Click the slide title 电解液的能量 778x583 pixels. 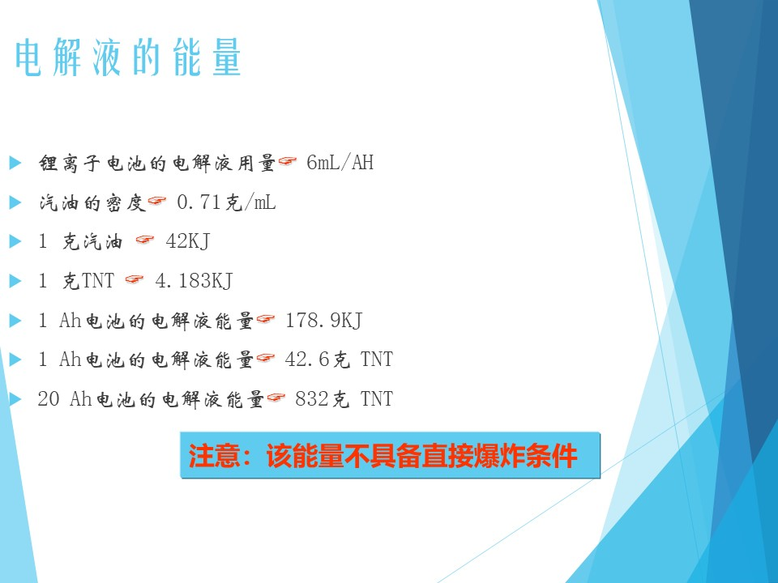pyautogui.click(x=128, y=57)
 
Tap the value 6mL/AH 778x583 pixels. pyautogui.click(x=340, y=163)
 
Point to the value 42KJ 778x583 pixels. pyautogui.click(x=187, y=241)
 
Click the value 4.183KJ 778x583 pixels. pyautogui.click(x=194, y=281)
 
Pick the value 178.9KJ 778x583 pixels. pyautogui.click(x=324, y=321)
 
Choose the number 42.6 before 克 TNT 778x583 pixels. pyautogui.click(x=307, y=360)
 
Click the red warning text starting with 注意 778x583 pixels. pyautogui.click(x=383, y=456)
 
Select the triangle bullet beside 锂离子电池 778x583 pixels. pyautogui.click(x=15, y=163)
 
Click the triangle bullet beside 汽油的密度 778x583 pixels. pyautogui.click(x=15, y=202)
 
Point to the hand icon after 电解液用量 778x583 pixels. pyautogui.click(x=288, y=161)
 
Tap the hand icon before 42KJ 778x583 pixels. pyautogui.click(x=145, y=240)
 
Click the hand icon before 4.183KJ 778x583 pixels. pyautogui.click(x=135, y=279)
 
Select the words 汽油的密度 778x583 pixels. pyautogui.click(x=92, y=202)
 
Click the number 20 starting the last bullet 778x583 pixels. pyautogui.click(x=49, y=399)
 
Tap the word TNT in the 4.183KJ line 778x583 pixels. pyautogui.click(x=98, y=281)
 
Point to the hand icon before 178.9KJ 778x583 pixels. pyautogui.click(x=266, y=319)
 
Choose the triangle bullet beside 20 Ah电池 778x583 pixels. pyautogui.click(x=15, y=398)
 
